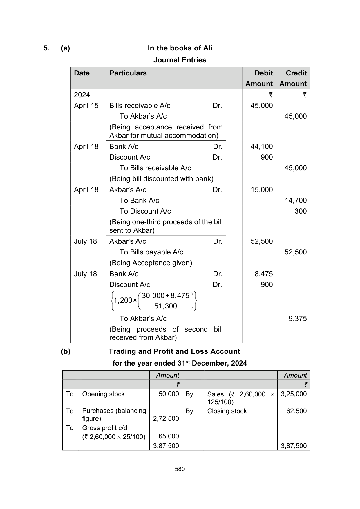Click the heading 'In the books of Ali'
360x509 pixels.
tap(180, 48)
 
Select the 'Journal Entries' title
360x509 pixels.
tap(180, 60)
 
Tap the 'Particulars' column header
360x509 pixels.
tap(128, 73)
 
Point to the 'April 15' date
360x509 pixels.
tap(86, 106)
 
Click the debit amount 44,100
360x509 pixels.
tap(261, 147)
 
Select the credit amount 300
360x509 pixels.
tap(300, 211)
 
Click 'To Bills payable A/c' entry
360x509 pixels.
tap(151, 252)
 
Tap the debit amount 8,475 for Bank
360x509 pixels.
tap(263, 274)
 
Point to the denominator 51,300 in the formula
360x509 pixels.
tap(165, 306)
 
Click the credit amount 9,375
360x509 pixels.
tap(297, 319)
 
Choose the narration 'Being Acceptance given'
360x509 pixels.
tap(151, 263)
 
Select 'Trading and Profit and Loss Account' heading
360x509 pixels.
tap(174, 351)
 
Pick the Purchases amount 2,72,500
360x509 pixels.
tap(166, 419)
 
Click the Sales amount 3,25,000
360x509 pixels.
tap(294, 394)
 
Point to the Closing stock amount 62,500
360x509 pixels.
tap(296, 411)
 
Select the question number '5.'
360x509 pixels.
tap(47, 48)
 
